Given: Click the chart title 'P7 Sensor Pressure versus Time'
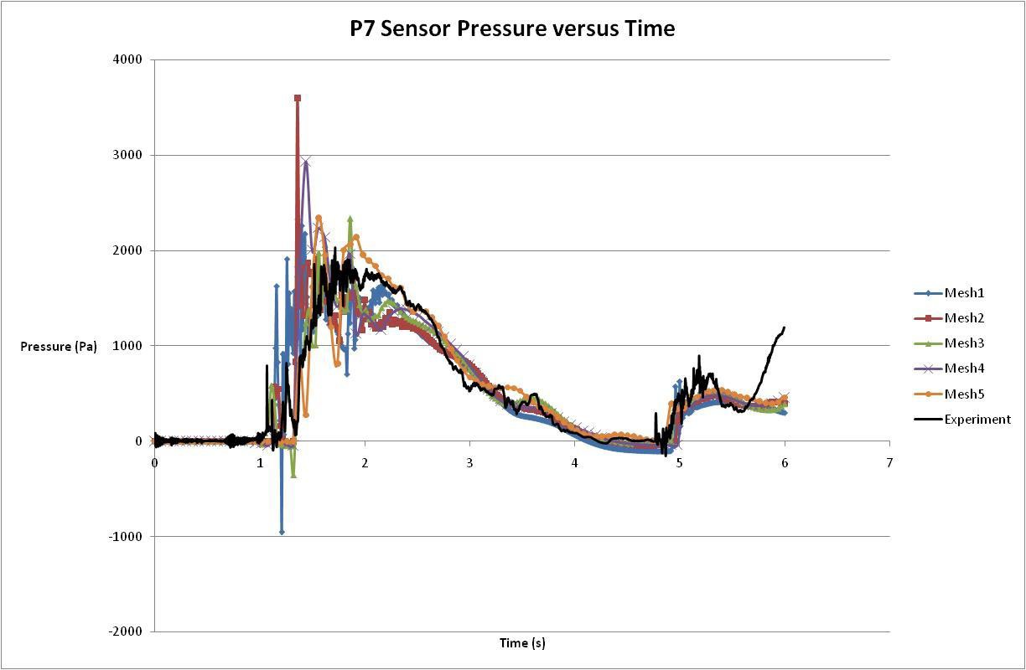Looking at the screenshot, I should [x=512, y=28].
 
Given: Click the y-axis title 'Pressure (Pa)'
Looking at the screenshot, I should [x=59, y=347].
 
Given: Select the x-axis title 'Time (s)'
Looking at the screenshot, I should [x=522, y=643].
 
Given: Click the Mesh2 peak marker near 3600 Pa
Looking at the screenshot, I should [x=298, y=98].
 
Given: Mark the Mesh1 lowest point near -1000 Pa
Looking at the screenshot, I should [x=282, y=532].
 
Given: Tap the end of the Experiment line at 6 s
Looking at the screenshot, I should [x=785, y=327].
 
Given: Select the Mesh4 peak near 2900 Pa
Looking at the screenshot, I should [x=307, y=162].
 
